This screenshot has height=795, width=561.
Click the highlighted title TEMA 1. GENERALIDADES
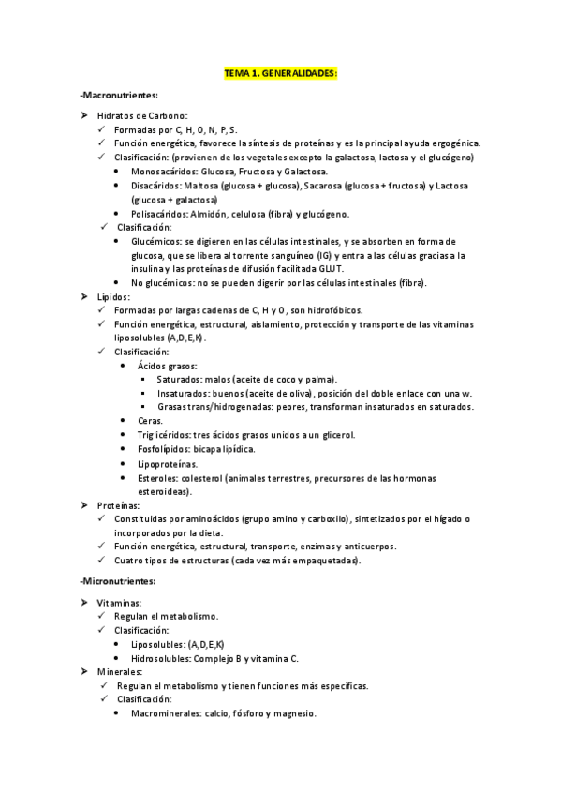(x=280, y=72)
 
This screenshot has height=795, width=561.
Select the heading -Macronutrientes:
(x=119, y=96)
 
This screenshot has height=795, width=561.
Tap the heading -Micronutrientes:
(x=118, y=582)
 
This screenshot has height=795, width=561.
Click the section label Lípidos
(x=114, y=296)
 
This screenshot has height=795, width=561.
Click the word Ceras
(x=149, y=421)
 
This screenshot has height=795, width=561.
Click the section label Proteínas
(x=118, y=505)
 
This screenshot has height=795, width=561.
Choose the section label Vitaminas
(x=119, y=603)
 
